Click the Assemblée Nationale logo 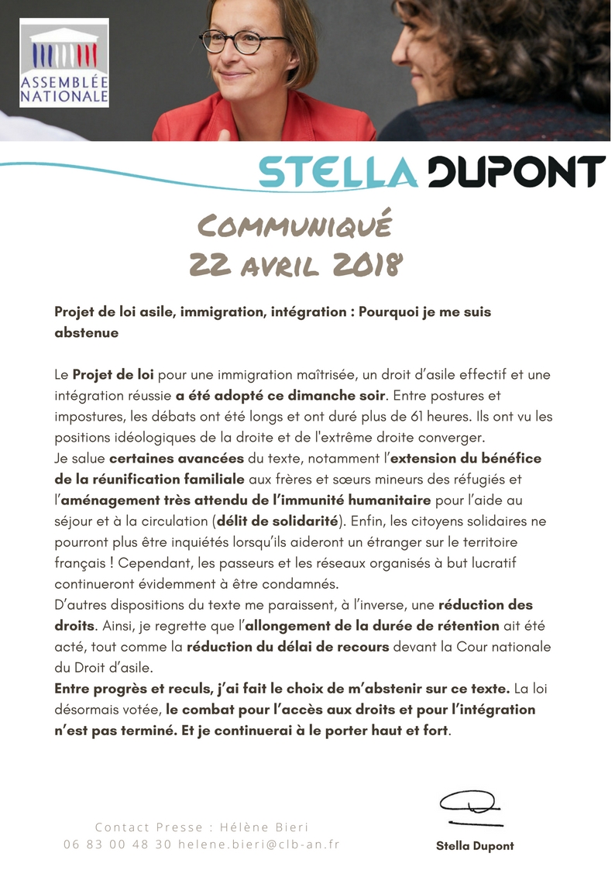(64, 62)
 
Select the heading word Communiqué (295, 228)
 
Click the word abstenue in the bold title (86, 332)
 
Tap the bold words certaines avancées (177, 458)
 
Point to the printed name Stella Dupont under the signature (475, 846)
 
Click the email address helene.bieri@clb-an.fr (259, 844)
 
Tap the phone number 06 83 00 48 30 (118, 844)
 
